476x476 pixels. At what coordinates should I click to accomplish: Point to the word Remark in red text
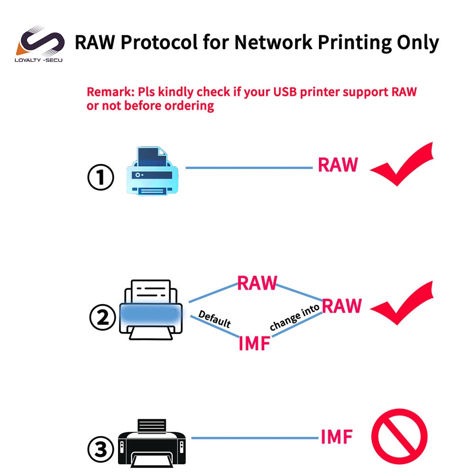(107, 92)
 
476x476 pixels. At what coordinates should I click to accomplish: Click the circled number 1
(101, 178)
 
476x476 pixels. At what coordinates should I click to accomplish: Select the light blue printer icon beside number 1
(151, 172)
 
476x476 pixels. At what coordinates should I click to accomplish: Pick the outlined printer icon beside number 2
(150, 309)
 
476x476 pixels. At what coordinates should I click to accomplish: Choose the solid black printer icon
(151, 444)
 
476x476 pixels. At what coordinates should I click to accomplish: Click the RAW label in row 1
(337, 165)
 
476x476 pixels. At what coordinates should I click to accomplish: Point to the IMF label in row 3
(337, 436)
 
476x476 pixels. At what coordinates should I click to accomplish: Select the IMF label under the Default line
(254, 343)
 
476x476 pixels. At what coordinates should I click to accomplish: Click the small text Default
(214, 319)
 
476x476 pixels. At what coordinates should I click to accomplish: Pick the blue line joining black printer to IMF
(255, 438)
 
